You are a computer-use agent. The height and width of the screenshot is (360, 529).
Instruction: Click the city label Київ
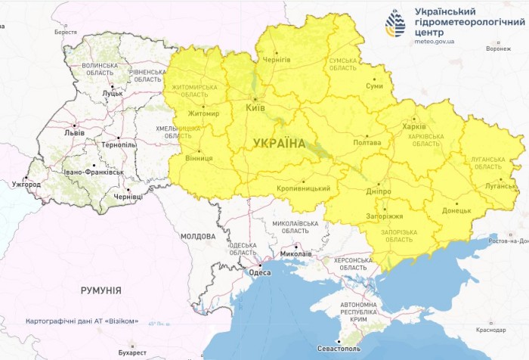point(256,108)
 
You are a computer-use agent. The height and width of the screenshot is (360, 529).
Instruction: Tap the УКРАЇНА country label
point(279,143)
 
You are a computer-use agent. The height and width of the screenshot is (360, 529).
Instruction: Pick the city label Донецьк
point(456,211)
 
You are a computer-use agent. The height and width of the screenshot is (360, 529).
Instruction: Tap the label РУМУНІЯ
point(101,290)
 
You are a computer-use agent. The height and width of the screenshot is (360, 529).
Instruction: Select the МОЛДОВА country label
point(197,237)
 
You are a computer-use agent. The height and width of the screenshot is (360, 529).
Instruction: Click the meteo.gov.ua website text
point(435,42)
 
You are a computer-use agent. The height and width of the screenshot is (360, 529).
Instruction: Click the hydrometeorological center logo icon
point(394,23)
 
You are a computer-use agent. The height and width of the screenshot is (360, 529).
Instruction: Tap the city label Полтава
point(367,142)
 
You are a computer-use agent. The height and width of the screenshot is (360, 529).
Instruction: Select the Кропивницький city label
point(304,188)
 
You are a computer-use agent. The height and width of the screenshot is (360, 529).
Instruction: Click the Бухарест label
point(132,352)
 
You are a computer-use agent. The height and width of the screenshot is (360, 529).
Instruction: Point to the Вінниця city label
point(199,159)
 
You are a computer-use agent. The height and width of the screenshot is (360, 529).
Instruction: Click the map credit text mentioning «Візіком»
point(82,321)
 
